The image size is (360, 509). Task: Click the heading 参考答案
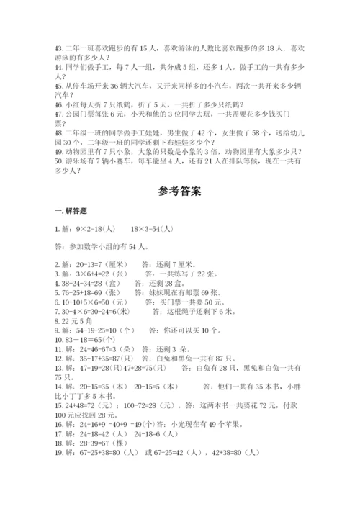[x=179, y=192]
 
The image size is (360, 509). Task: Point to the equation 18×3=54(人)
[x=152, y=229]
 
